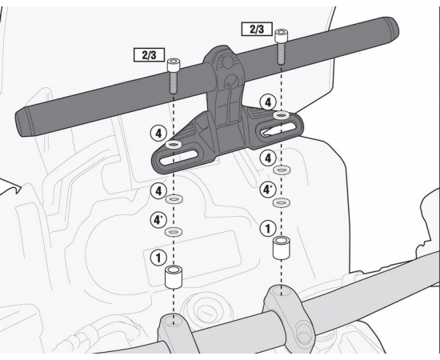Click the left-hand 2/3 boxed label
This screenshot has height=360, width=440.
[x=149, y=55]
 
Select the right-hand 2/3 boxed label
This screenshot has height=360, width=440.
[x=257, y=29]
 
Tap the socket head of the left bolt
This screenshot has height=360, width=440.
[x=174, y=65]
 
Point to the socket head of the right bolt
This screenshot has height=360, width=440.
[x=281, y=36]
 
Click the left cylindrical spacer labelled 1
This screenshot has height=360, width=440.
[x=174, y=278]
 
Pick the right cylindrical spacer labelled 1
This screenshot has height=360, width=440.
[x=282, y=248]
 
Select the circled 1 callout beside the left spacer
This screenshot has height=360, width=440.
[x=159, y=258]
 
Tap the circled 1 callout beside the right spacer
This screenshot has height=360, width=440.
[x=268, y=229]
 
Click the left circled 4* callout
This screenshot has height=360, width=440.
[x=159, y=220]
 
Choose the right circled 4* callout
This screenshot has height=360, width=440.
[x=268, y=190]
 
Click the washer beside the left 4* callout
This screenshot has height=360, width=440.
[x=174, y=232]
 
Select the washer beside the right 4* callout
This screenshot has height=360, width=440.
[x=282, y=202]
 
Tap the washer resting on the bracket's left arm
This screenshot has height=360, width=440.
[x=174, y=145]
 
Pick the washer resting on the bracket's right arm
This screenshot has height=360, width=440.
[x=282, y=115]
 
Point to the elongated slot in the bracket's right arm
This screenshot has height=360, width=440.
[x=278, y=129]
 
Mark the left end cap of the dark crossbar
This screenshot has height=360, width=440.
[x=22, y=124]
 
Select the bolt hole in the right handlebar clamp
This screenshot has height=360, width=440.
[x=282, y=291]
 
